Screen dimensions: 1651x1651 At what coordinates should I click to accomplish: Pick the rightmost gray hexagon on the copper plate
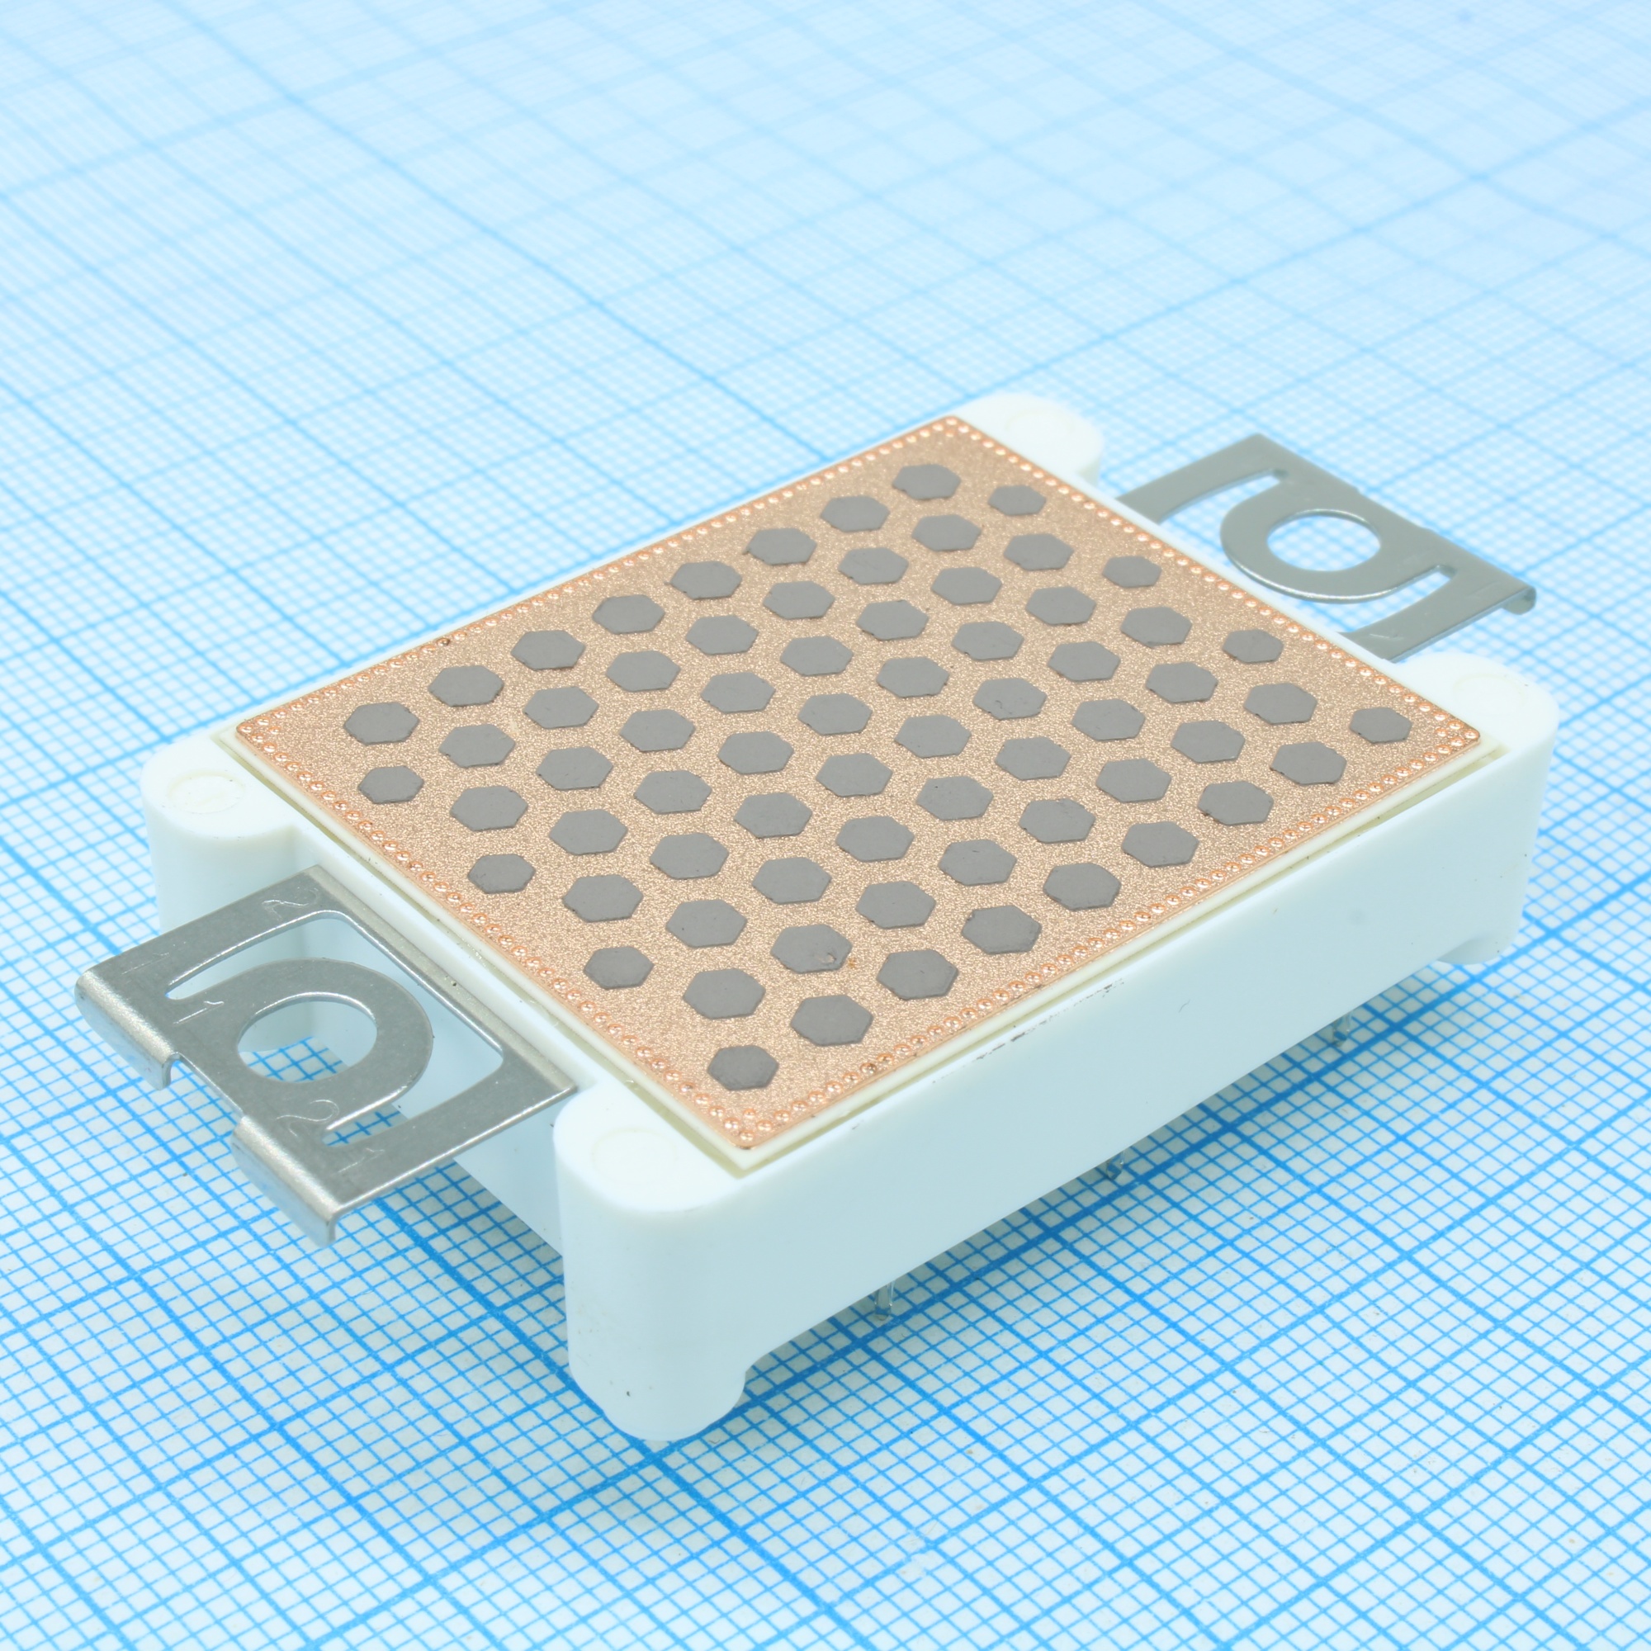coord(1380,725)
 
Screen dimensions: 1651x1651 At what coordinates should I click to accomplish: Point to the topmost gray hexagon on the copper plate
coord(925,482)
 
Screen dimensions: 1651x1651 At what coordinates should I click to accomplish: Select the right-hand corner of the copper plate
coord(1476,732)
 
